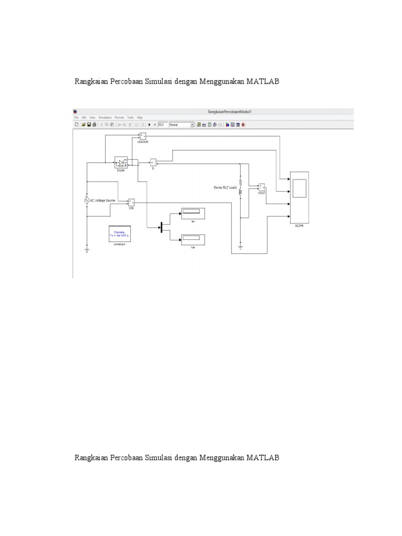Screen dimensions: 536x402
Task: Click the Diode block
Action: [x=122, y=163]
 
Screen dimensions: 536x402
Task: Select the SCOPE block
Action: [x=299, y=197]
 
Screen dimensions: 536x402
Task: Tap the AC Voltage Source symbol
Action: [x=87, y=200]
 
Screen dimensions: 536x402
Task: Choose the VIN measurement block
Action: [x=131, y=202]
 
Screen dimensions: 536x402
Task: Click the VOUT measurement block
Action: [x=262, y=187]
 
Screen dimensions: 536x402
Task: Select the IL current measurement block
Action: [x=153, y=162]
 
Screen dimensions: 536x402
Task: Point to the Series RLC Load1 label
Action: [x=225, y=187]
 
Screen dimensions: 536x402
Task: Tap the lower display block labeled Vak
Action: [x=192, y=240]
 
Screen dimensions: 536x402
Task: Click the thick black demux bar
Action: [x=161, y=226]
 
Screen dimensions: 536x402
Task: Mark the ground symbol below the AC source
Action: [x=87, y=250]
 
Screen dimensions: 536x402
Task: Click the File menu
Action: [x=76, y=118]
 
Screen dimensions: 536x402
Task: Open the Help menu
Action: [x=140, y=118]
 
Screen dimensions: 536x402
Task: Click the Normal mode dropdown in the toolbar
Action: [x=181, y=125]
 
